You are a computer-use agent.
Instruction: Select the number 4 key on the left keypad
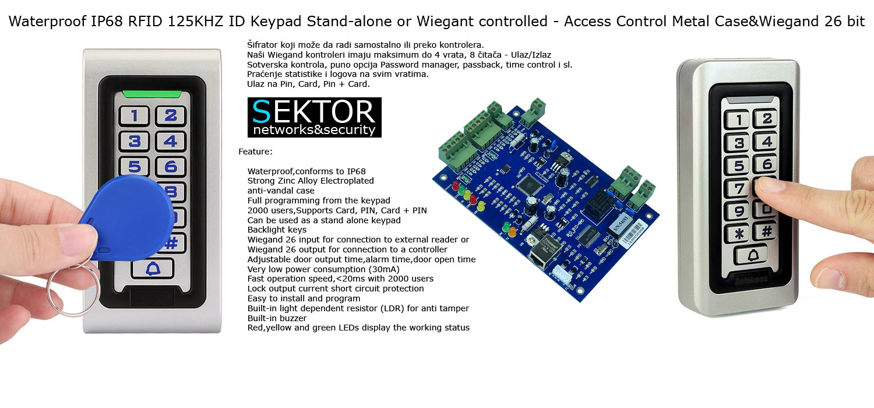point(170,141)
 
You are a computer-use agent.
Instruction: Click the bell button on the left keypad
point(153,269)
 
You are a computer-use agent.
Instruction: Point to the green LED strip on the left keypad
point(153,93)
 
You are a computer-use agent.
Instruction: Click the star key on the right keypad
point(737,233)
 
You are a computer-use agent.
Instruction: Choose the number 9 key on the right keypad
point(738,210)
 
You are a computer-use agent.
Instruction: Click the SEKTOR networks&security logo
point(314,117)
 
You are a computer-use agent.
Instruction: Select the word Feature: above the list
point(255,152)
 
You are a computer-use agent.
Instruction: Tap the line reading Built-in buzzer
point(277,318)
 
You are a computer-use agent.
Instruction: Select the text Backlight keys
point(277,230)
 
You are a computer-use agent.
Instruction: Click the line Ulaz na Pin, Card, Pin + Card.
point(308,84)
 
